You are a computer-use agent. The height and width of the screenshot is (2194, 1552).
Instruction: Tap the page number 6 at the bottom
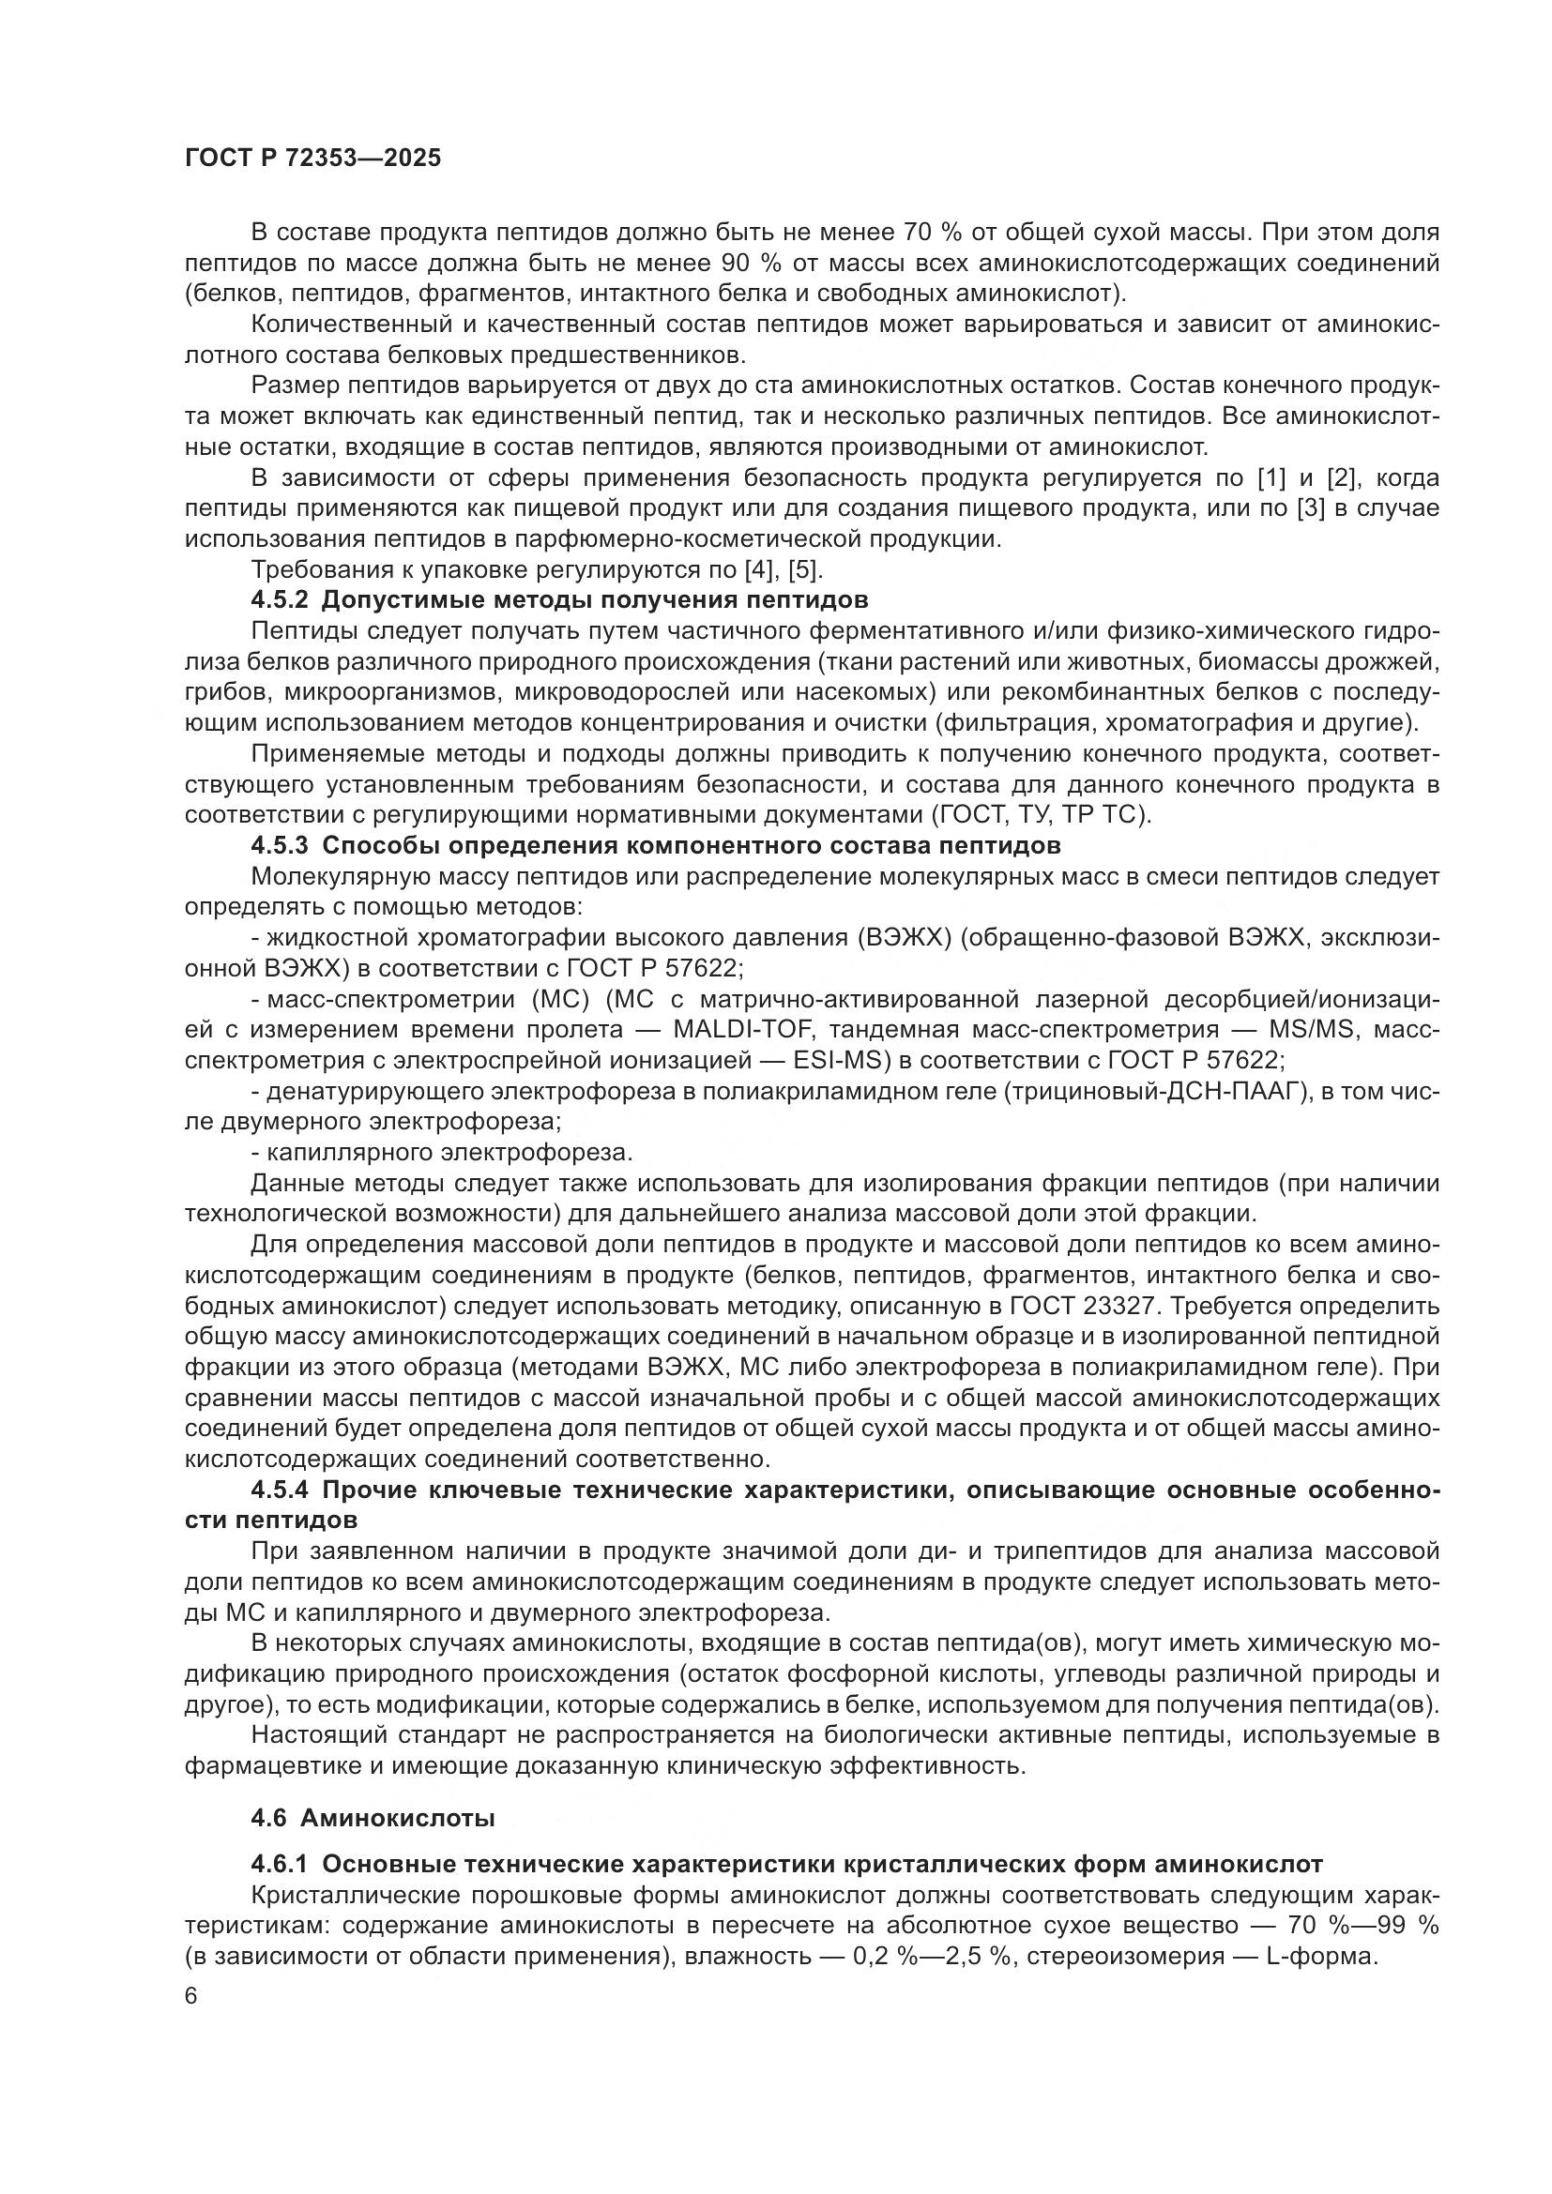click(x=191, y=1996)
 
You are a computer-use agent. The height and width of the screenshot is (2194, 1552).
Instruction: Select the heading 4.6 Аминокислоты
click(x=373, y=1819)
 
